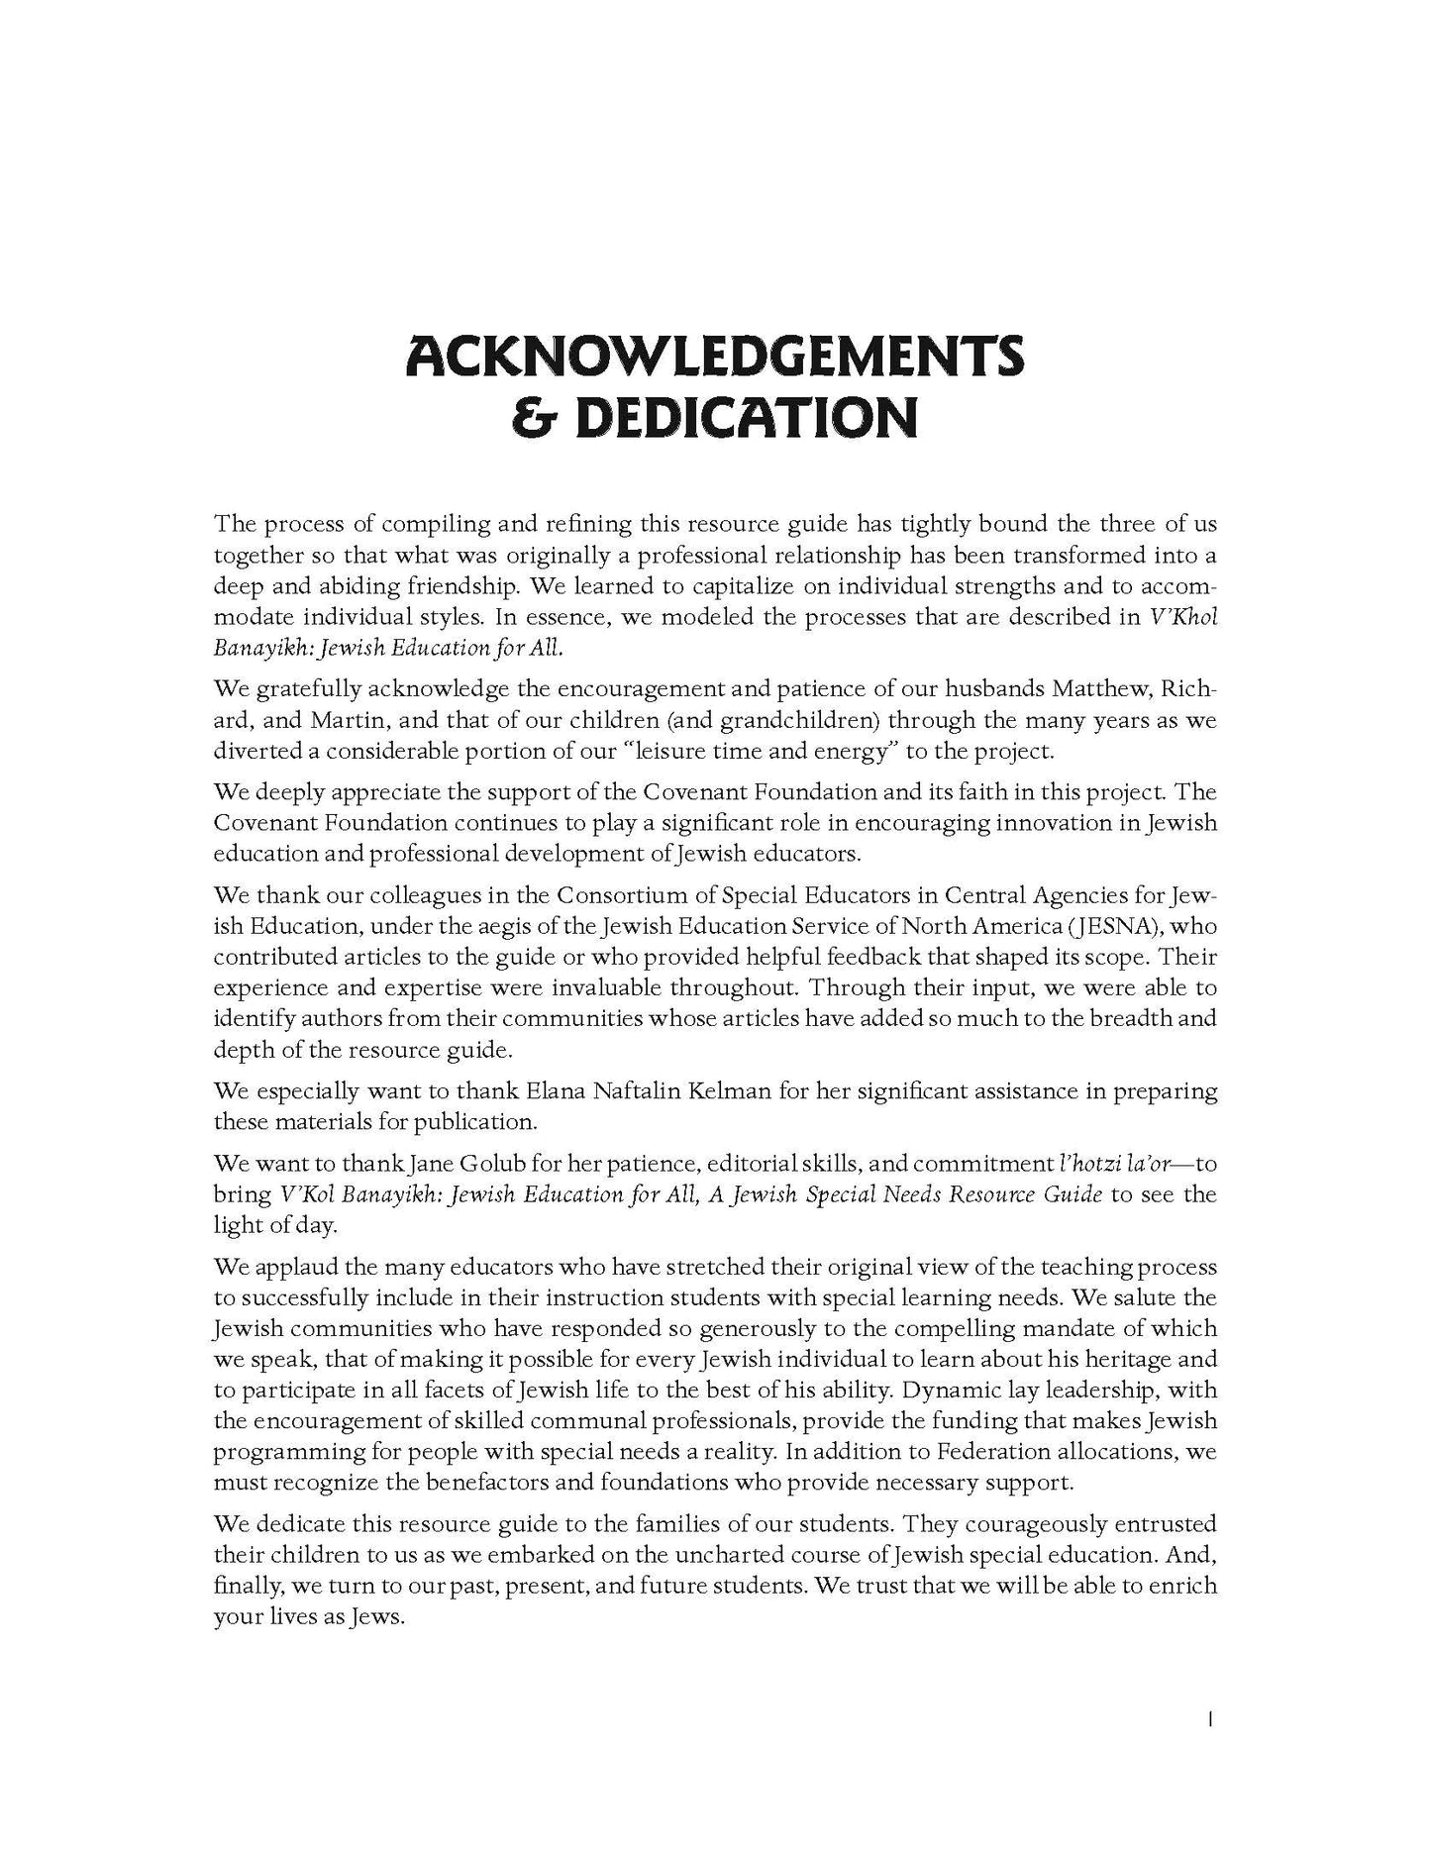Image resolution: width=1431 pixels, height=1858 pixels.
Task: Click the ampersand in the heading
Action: (x=531, y=417)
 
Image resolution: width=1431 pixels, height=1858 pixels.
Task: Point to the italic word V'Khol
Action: (x=1183, y=616)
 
